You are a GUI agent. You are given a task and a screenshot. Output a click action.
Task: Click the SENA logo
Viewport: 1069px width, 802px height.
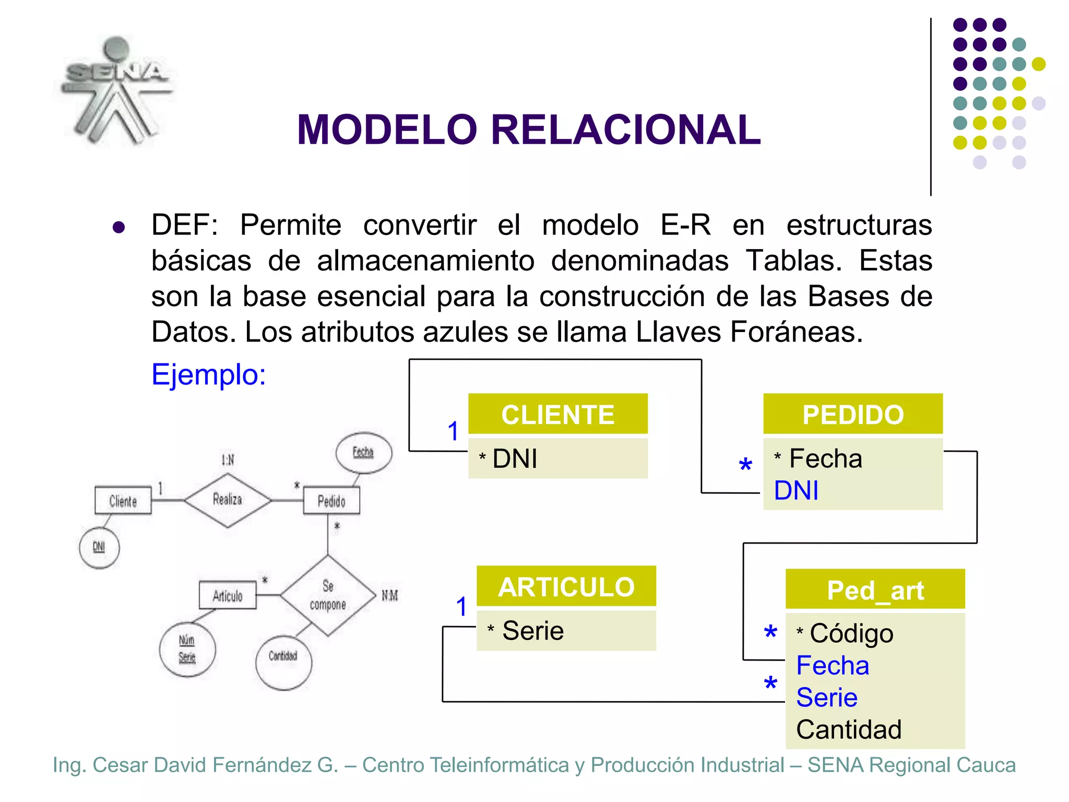pyautogui.click(x=116, y=90)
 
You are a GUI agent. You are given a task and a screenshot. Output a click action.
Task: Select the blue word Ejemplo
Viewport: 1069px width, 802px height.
pyautogui.click(x=208, y=374)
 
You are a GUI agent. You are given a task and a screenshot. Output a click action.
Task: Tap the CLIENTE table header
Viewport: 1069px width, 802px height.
pyautogui.click(x=557, y=414)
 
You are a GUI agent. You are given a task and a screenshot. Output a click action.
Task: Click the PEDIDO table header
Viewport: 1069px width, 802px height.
pyautogui.click(x=852, y=414)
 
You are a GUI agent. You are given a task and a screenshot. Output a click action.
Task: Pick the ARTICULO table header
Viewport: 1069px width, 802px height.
pyautogui.click(x=566, y=586)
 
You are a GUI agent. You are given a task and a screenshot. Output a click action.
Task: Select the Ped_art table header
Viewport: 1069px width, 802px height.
pyautogui.click(x=875, y=590)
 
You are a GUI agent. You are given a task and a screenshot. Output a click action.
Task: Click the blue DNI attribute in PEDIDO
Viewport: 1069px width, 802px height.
pyautogui.click(x=795, y=491)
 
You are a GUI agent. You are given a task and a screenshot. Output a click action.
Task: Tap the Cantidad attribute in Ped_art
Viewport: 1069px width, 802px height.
pyautogui.click(x=848, y=729)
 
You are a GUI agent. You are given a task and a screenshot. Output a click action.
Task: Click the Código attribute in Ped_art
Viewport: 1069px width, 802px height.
pyautogui.click(x=851, y=633)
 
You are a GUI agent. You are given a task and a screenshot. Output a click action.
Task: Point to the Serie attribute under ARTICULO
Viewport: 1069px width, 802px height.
pyautogui.click(x=532, y=631)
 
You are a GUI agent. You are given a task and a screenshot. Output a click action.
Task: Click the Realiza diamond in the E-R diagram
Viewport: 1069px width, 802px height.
pyautogui.click(x=228, y=500)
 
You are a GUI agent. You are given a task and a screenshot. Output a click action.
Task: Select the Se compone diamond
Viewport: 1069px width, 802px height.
pyautogui.click(x=328, y=595)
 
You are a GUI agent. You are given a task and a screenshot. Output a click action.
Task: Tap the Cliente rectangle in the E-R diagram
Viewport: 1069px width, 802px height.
pyautogui.click(x=123, y=501)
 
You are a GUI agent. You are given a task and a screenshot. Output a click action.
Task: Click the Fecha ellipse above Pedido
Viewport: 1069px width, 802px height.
pyautogui.click(x=363, y=452)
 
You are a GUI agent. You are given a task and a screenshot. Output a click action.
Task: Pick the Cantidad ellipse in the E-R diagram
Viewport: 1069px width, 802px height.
pyautogui.click(x=283, y=662)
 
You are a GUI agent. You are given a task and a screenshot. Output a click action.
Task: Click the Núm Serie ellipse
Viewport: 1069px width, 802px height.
pyautogui.click(x=187, y=649)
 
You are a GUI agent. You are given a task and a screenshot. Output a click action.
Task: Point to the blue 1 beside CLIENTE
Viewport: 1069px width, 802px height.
pyautogui.click(x=453, y=431)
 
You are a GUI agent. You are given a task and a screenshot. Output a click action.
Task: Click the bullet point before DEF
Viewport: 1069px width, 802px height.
pyautogui.click(x=118, y=227)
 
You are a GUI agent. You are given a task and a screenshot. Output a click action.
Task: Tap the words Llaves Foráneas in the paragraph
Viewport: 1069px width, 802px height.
pyautogui.click(x=749, y=332)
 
